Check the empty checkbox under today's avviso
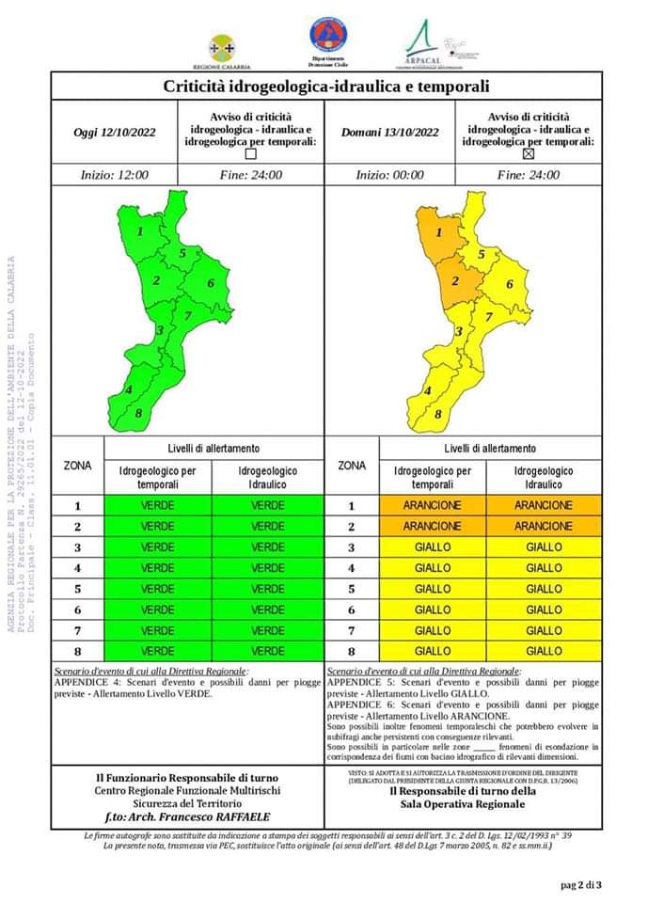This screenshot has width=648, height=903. coord(250,154)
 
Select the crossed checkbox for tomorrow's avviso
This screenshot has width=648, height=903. coord(528,154)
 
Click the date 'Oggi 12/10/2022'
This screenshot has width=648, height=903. coord(114,132)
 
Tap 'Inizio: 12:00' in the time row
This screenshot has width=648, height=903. coord(114,175)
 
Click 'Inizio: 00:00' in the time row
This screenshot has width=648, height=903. coord(389,175)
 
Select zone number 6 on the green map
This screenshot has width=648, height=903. coord(212,283)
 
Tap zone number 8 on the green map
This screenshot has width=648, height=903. coord(139,413)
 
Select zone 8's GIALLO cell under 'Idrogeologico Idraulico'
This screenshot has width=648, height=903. coord(544,651)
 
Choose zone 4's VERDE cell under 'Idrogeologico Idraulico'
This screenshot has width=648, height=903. coord(268,568)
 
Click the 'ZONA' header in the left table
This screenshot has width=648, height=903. coord(77,466)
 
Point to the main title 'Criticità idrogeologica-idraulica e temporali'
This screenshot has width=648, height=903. coord(325,87)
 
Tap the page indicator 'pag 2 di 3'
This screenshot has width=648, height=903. coord(581,884)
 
